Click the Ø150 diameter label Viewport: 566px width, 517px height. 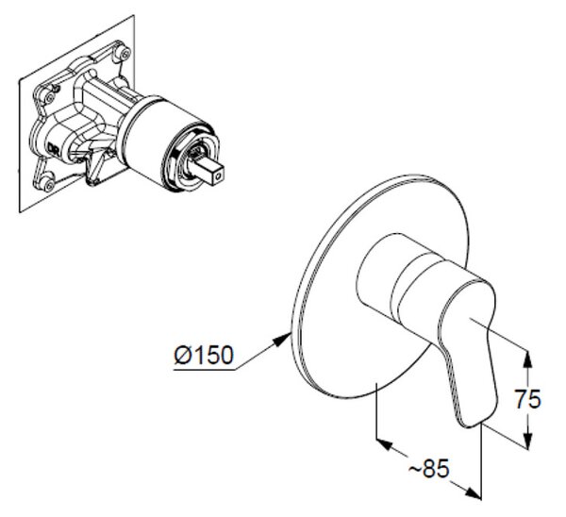[x=204, y=356]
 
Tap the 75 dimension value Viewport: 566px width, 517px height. [x=527, y=399]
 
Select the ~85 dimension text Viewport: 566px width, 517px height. [x=429, y=469]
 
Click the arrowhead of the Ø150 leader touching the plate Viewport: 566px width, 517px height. [x=283, y=339]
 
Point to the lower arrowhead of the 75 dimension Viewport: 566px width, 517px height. [x=528, y=441]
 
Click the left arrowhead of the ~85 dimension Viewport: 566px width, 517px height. [x=384, y=444]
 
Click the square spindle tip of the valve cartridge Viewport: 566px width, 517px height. [x=213, y=172]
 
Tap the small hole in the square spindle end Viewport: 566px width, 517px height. [x=218, y=176]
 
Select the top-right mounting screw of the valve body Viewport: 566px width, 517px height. [x=125, y=54]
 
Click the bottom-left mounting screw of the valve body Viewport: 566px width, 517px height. [x=49, y=185]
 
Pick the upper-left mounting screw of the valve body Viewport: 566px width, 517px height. [x=49, y=97]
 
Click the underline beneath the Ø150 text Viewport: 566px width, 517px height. [x=205, y=370]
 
